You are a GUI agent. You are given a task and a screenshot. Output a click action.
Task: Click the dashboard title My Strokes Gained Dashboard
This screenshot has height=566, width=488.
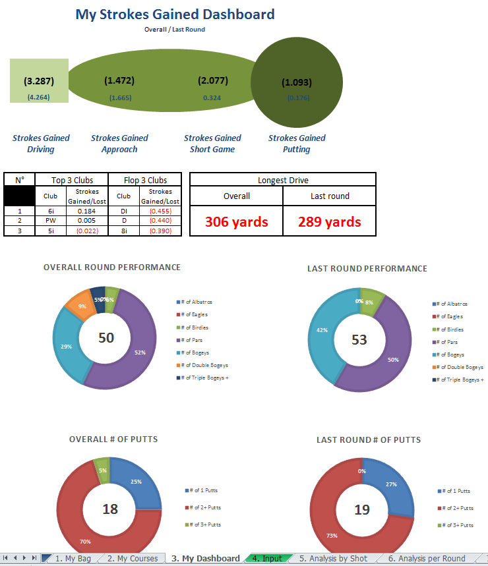(175, 14)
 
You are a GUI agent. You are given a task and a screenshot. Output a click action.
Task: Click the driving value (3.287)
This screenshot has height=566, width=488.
(39, 82)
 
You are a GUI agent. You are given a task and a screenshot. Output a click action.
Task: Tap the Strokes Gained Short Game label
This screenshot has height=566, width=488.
(212, 144)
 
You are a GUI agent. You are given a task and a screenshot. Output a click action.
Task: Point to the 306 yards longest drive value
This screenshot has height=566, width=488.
(236, 221)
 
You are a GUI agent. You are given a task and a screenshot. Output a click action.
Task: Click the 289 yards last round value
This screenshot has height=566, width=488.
(330, 221)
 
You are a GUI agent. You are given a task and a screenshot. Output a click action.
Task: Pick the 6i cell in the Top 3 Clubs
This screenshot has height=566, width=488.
(50, 210)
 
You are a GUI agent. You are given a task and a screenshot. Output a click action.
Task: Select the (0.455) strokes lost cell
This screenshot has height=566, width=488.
(160, 210)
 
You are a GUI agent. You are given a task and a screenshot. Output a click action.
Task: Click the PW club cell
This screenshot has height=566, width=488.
(50, 221)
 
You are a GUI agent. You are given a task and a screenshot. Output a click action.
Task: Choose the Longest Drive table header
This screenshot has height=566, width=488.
(282, 180)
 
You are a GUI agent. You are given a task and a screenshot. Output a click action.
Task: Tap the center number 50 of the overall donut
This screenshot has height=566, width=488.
(106, 338)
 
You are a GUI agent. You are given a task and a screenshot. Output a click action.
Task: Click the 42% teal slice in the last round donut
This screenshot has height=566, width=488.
(322, 329)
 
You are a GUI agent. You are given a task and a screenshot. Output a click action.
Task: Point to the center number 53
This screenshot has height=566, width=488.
(359, 340)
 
